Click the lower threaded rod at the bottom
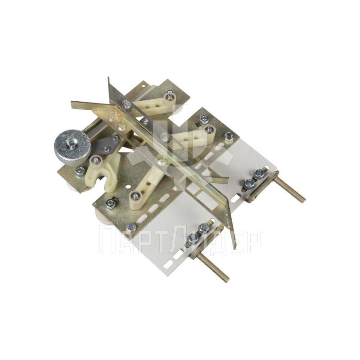click(x=212, y=266)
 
